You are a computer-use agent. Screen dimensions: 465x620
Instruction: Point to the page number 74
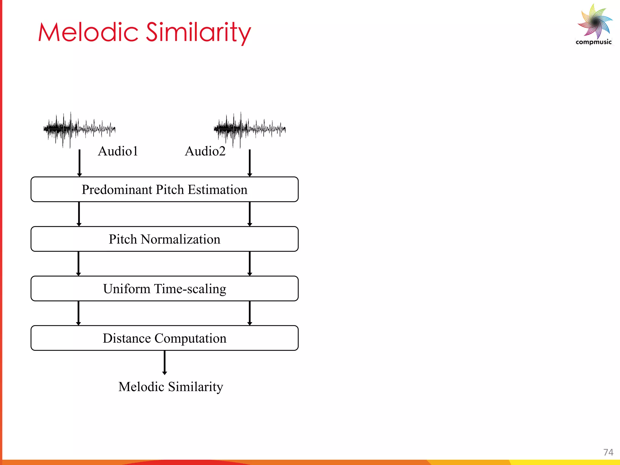(x=608, y=452)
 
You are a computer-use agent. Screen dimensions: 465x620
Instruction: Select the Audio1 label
(x=118, y=151)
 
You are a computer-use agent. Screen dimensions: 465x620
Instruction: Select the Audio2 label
(x=205, y=151)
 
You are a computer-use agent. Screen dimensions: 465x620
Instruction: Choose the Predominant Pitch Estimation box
(x=164, y=190)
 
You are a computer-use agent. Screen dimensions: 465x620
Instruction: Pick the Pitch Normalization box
(x=164, y=239)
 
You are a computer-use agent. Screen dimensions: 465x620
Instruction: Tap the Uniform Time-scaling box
(x=164, y=289)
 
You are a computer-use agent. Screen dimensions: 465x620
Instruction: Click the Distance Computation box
(x=164, y=338)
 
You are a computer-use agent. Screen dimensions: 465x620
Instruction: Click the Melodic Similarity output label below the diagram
(x=170, y=387)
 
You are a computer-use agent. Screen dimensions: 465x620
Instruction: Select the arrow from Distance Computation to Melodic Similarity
(x=164, y=362)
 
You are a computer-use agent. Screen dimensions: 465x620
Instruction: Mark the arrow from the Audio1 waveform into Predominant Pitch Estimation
(x=79, y=163)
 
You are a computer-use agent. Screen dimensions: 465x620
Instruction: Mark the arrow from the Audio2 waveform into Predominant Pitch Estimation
(x=249, y=163)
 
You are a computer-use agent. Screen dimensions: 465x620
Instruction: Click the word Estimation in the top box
(x=217, y=190)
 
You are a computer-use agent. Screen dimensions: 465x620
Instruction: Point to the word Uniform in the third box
(x=127, y=289)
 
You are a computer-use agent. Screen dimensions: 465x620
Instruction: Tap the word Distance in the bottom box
(x=127, y=338)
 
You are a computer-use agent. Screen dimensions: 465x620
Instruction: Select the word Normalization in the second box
(x=180, y=239)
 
